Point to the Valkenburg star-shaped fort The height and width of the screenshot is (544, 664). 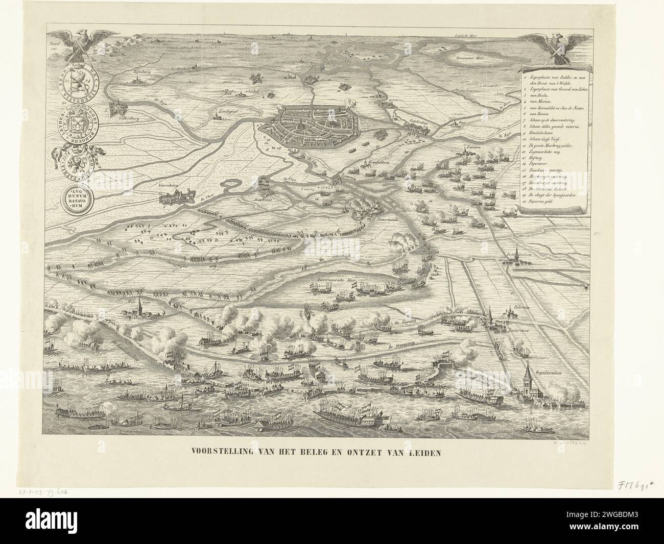119,107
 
